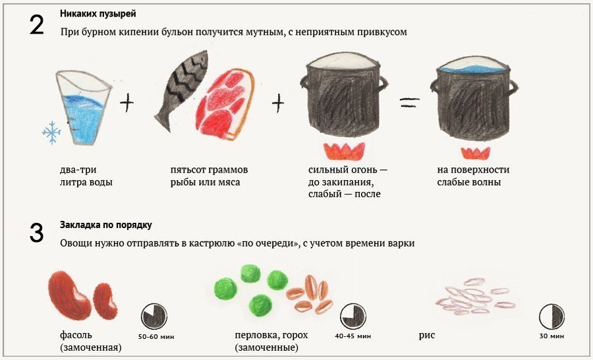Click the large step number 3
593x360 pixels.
pos(37,233)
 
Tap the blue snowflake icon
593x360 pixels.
pos(51,133)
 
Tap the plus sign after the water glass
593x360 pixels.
pos(127,102)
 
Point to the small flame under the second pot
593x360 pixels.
pos(474,153)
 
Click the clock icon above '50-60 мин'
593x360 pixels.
pos(155,317)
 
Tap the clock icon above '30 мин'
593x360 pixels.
pos(552,317)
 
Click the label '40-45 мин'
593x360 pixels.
pos(353,337)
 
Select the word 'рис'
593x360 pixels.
pos(427,336)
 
